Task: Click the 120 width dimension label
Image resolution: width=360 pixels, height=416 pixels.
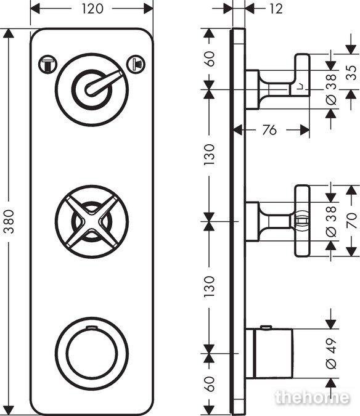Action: pyautogui.click(x=92, y=9)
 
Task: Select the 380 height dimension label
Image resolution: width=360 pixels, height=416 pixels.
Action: pyautogui.click(x=9, y=221)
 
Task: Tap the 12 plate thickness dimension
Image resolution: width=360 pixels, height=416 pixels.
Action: pyautogui.click(x=276, y=9)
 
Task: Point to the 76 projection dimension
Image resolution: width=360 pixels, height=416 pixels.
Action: pyautogui.click(x=269, y=130)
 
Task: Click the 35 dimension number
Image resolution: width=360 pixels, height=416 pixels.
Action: pyautogui.click(x=352, y=73)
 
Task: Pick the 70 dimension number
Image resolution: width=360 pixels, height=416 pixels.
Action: pyautogui.click(x=352, y=221)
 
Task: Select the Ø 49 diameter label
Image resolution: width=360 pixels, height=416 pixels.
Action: pyautogui.click(x=331, y=353)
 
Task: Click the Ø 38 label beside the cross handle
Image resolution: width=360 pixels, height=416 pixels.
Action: pyautogui.click(x=331, y=222)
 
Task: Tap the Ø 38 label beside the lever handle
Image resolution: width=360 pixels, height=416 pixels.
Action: pyautogui.click(x=331, y=89)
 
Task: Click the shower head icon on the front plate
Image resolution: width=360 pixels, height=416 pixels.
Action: pyautogui.click(x=136, y=64)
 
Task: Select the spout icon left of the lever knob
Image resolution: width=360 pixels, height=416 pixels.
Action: pyautogui.click(x=47, y=65)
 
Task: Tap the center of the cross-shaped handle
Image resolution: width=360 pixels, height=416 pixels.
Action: pyautogui.click(x=91, y=221)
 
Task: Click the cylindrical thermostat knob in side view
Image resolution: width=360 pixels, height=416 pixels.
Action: pyautogui.click(x=273, y=353)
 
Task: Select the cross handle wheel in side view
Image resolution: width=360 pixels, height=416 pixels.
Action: pyautogui.click(x=302, y=221)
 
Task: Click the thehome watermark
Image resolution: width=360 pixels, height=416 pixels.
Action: pyautogui.click(x=313, y=397)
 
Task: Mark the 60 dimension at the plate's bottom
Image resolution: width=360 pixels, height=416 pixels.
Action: pyautogui.click(x=210, y=384)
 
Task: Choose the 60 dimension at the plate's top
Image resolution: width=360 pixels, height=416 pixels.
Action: pyautogui.click(x=210, y=59)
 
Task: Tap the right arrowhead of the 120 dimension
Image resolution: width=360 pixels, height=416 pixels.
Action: pyautogui.click(x=149, y=9)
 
